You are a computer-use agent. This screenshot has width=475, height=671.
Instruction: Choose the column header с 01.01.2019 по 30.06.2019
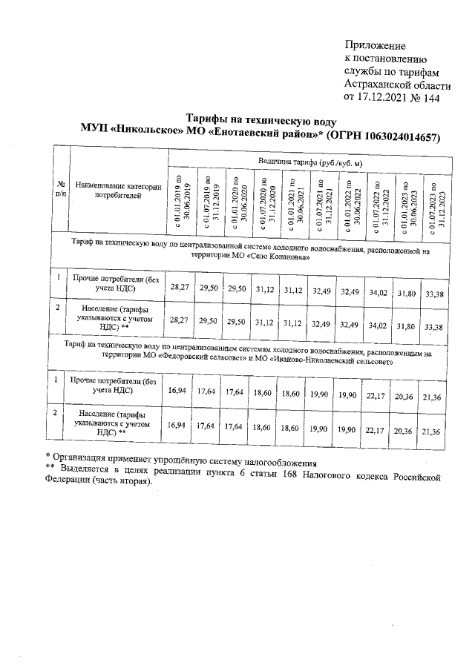pyautogui.click(x=181, y=201)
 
